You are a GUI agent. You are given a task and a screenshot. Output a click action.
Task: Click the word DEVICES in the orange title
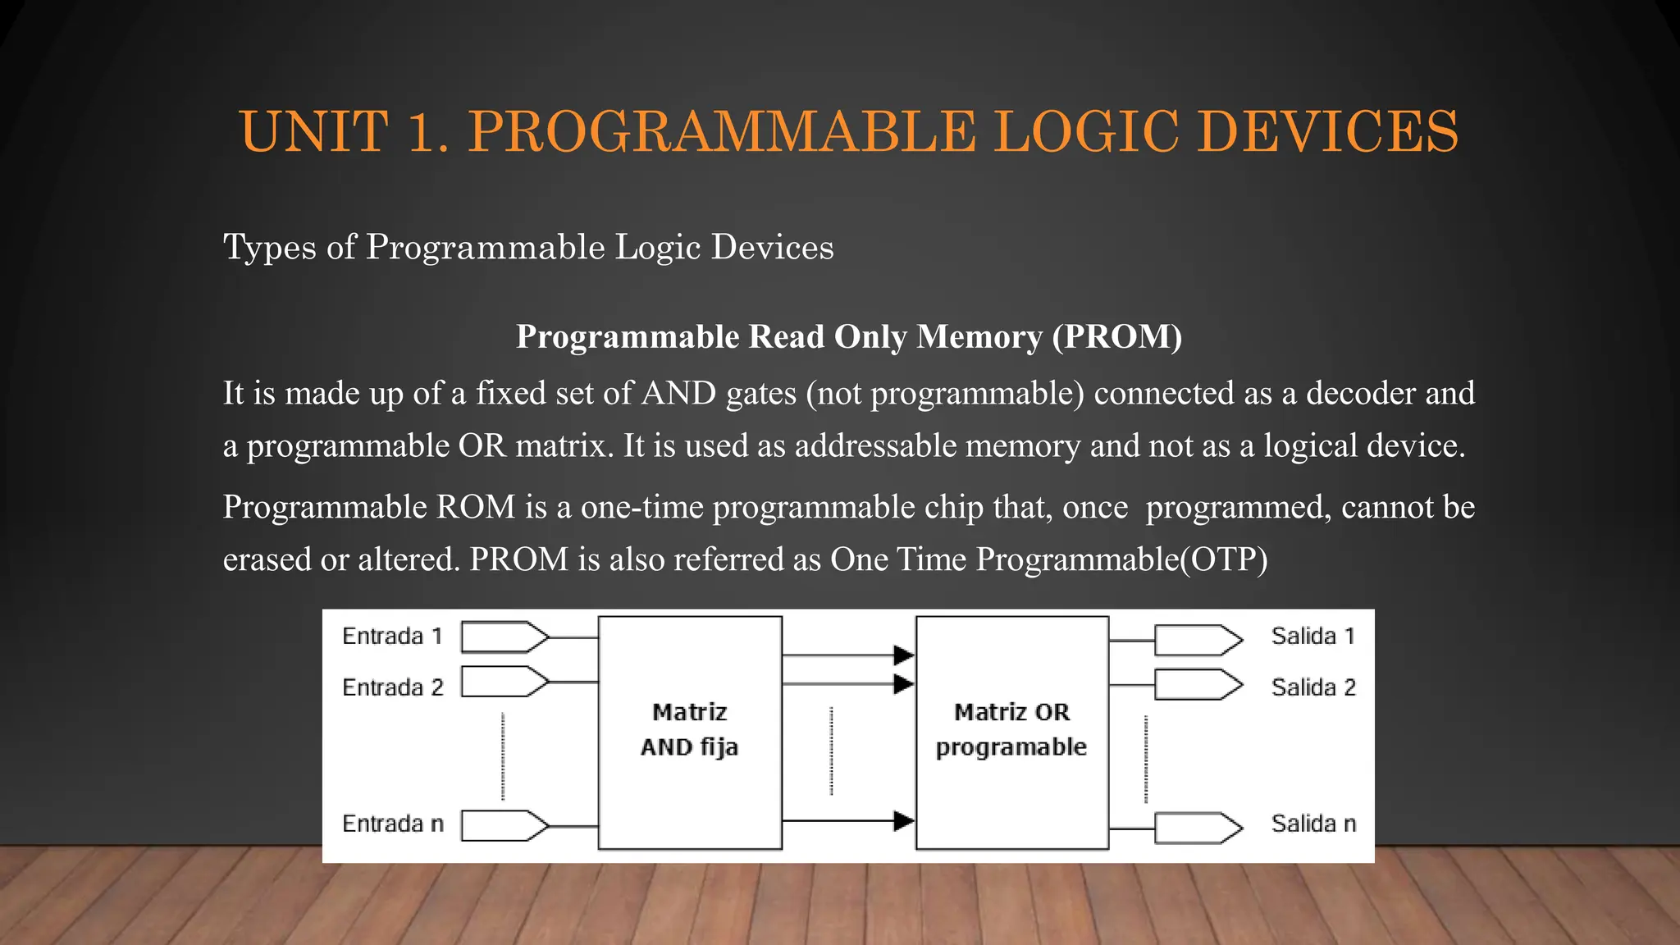point(1327,131)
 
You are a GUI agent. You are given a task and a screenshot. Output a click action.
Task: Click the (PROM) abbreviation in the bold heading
point(1117,336)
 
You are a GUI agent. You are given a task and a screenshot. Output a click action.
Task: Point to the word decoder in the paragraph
point(1361,393)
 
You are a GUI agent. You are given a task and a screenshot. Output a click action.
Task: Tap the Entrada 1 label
point(392,637)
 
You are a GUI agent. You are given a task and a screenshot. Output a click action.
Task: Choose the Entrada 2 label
point(392,687)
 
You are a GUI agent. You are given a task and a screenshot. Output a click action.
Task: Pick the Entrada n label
point(392,824)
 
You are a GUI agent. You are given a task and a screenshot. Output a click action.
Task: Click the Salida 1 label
point(1312,637)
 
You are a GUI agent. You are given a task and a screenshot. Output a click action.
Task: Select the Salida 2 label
point(1312,687)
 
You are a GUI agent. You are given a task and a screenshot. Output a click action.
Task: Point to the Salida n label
point(1312,824)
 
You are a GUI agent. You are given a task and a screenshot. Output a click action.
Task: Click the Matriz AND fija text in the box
point(689,729)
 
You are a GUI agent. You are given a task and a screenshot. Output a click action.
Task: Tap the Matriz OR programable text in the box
point(1011,729)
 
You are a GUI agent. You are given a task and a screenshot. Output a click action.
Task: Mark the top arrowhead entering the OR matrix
point(903,655)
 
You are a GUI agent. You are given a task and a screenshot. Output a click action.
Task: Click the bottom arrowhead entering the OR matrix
point(903,820)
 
